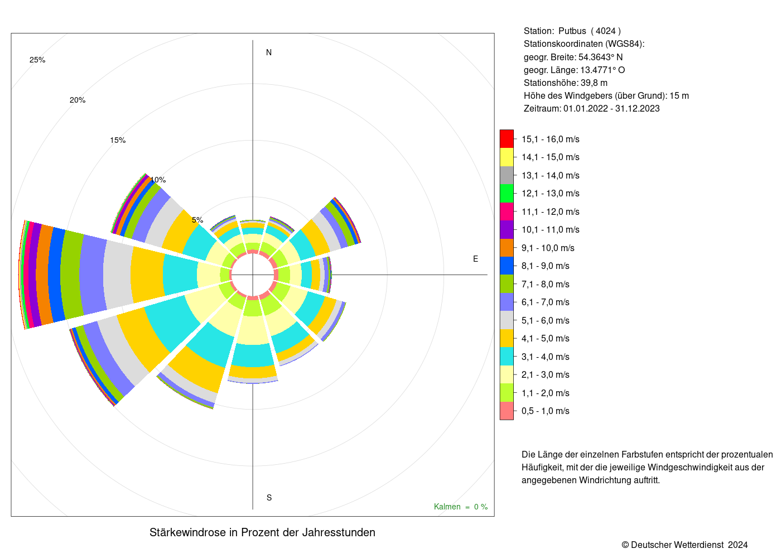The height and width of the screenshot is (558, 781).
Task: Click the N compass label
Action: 268,52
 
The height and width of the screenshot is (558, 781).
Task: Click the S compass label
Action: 269,498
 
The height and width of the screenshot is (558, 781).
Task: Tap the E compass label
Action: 475,259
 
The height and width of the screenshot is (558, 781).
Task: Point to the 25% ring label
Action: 37,60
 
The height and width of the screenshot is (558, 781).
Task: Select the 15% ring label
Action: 118,140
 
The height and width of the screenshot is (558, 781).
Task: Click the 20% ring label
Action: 78,100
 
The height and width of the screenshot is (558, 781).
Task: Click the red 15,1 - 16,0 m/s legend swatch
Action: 507,139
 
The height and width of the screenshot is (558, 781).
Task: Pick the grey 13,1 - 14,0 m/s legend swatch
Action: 507,175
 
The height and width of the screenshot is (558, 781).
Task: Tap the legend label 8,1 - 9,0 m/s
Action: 546,266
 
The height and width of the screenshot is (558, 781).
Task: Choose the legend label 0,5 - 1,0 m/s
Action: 546,411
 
